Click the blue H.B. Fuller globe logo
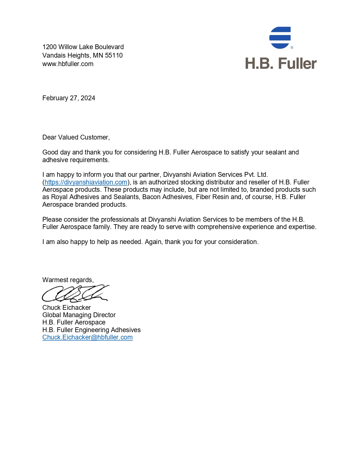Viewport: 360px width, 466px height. [280, 38]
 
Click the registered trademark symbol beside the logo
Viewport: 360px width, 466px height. [292, 47]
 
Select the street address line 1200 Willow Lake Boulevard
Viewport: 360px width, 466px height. [83, 47]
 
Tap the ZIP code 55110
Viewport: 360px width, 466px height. [114, 55]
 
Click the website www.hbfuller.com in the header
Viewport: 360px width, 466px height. [68, 64]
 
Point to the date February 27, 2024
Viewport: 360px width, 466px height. [69, 98]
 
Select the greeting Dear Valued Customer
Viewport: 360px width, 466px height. [76, 137]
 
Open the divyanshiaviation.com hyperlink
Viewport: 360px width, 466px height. [86, 182]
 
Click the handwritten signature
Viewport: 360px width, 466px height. [75, 293]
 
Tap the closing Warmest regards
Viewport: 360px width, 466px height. [68, 280]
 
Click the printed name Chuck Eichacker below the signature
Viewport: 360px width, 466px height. [67, 308]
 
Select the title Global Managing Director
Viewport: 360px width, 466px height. [79, 315]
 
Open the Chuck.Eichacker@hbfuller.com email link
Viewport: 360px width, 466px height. [88, 337]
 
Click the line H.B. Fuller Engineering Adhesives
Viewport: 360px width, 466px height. [91, 330]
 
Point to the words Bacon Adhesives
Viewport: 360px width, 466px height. [167, 197]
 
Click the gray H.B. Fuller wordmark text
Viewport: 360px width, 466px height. [281, 63]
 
